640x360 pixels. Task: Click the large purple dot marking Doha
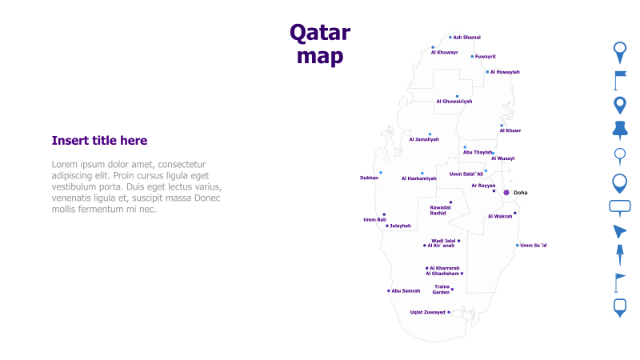(506, 193)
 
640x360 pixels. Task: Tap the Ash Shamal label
(467, 37)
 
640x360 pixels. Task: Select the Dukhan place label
(369, 178)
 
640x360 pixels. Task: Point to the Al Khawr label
(510, 130)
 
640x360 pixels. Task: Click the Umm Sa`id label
(534, 246)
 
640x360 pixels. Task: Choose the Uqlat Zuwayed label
(427, 312)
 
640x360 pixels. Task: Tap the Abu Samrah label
(406, 291)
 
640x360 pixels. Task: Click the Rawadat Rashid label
(440, 210)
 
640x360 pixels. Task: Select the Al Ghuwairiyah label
(454, 102)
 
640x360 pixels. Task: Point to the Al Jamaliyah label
(424, 139)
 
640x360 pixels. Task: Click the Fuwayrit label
(485, 57)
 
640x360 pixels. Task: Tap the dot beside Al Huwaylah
(487, 72)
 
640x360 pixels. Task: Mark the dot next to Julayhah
(387, 226)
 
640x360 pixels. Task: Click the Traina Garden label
(442, 289)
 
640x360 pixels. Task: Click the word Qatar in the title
(319, 33)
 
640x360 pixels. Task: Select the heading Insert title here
(99, 141)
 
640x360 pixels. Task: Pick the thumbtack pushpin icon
(619, 130)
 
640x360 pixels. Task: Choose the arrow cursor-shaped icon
(619, 232)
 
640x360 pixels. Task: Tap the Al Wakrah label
(500, 216)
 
